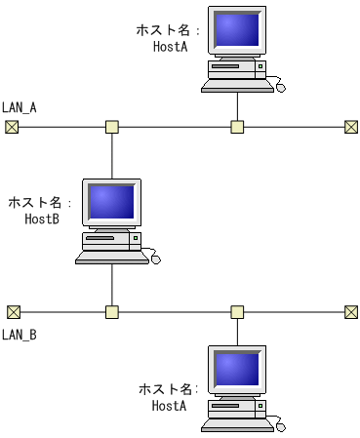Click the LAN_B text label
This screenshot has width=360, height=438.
20,335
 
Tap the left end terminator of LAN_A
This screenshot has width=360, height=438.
12,127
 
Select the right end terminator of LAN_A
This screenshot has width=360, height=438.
351,127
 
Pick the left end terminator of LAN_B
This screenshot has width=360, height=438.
13,312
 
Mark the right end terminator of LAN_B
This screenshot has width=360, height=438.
351,312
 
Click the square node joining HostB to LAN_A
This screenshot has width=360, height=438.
112,127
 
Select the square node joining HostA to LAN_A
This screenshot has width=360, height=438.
237,127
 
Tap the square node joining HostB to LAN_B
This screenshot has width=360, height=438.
112,312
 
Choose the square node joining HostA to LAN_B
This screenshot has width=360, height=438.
237,312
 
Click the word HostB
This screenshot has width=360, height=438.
42,219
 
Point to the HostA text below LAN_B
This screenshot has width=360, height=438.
169,405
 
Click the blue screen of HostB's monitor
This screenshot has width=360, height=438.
112,202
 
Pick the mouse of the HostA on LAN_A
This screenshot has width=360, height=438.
280,87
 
